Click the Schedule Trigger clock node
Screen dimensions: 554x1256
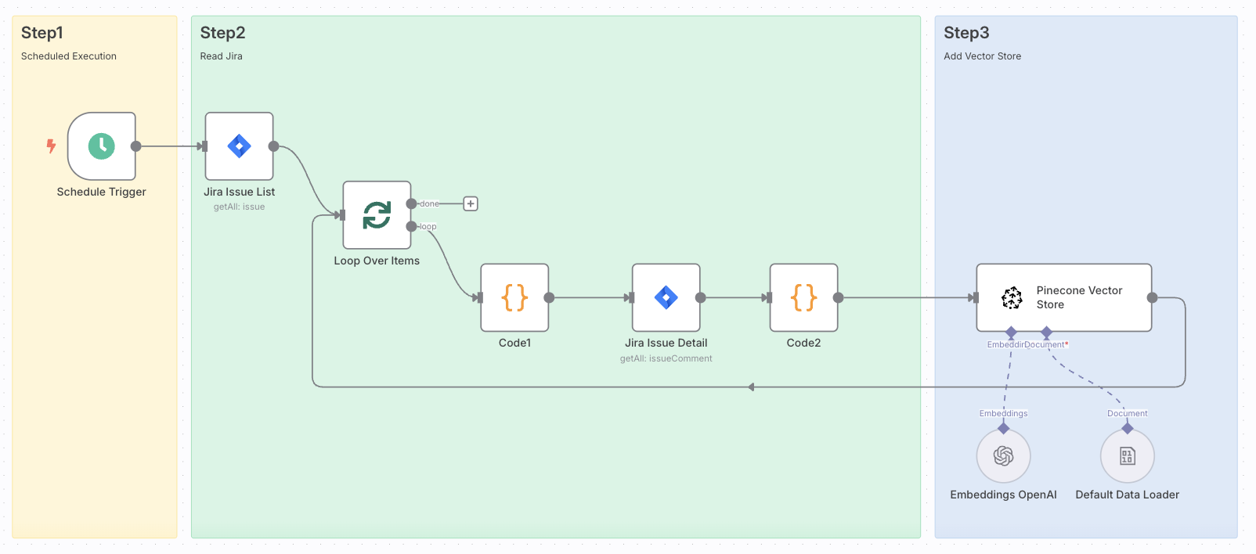pos(102,146)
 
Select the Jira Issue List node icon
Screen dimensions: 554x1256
pos(239,146)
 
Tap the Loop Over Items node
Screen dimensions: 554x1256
pos(377,215)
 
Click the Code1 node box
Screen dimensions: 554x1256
pos(514,297)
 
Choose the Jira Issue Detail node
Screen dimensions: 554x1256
pos(666,297)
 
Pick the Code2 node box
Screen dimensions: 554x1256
pos(804,297)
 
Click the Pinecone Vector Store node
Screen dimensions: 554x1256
pos(1063,297)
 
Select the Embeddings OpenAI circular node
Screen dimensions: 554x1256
pos(1003,456)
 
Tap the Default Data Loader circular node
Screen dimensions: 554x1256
pos(1127,456)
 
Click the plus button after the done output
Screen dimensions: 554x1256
pos(471,203)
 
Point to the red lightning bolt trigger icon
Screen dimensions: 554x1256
pos(51,146)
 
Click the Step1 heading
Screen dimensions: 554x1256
pos(42,33)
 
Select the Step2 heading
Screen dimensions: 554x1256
pos(222,33)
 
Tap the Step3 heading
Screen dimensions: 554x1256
pos(966,33)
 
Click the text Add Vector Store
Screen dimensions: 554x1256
pos(982,56)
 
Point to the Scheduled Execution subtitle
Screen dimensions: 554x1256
pos(69,56)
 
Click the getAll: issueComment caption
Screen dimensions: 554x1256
pos(666,358)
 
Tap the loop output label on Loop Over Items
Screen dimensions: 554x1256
pos(428,227)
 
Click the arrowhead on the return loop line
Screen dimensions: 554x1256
pos(751,387)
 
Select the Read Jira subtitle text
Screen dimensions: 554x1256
pos(221,56)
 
